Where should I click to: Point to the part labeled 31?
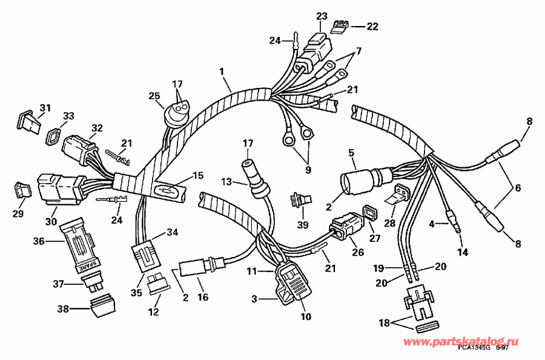point(27,121)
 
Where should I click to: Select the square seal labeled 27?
point(368,213)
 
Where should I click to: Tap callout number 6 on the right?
point(518,188)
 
